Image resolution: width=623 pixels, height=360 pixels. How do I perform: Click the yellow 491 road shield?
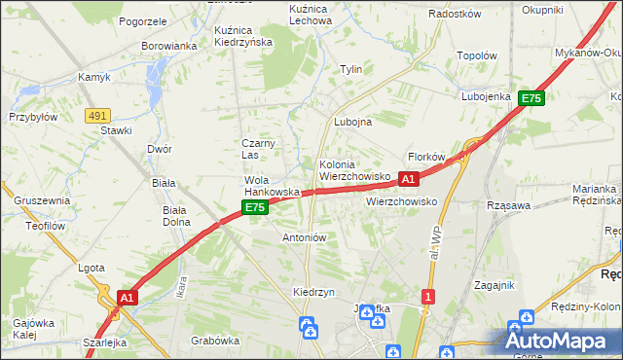tap(97, 116)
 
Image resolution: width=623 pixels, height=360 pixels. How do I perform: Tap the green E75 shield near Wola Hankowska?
tap(254, 207)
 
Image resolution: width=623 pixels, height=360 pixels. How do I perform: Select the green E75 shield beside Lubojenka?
tap(531, 98)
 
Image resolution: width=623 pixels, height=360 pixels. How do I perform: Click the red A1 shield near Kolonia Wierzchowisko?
tap(409, 179)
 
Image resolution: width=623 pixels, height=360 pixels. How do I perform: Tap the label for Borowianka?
tap(169, 46)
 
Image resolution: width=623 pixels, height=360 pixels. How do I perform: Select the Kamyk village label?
tap(94, 76)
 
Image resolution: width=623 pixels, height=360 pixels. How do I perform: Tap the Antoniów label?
tap(304, 236)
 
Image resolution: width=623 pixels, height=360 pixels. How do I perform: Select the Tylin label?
tap(350, 69)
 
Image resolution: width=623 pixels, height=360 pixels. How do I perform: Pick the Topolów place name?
tap(477, 56)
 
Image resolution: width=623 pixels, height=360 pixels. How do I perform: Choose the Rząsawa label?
tap(508, 205)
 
